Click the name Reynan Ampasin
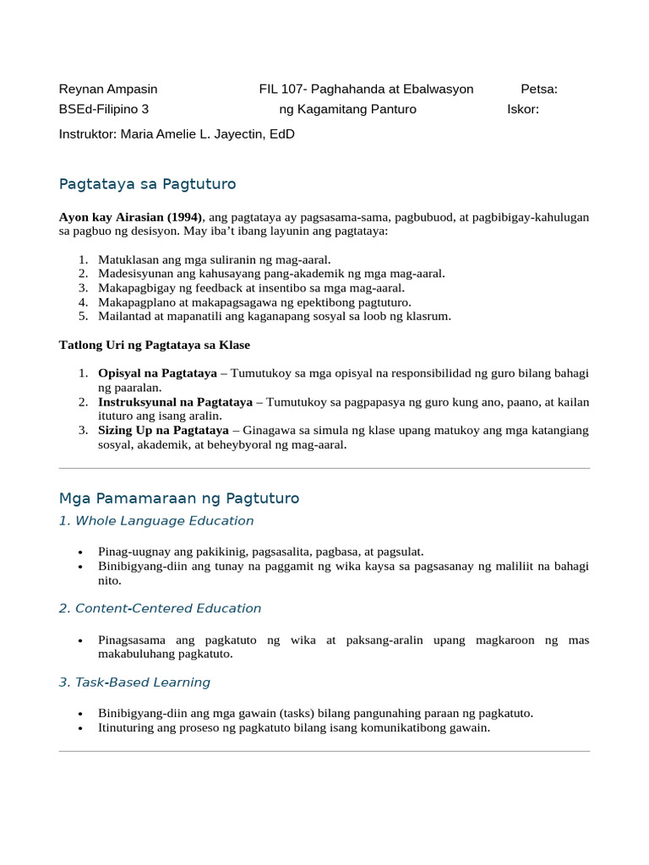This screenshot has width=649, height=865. [108, 90]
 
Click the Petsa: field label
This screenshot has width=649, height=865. [539, 90]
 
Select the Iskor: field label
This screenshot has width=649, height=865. [523, 109]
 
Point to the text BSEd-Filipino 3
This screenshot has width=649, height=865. [104, 109]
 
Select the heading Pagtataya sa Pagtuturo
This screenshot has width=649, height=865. [147, 184]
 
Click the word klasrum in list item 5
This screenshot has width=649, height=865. [429, 317]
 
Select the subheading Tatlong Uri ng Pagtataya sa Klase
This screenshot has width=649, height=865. [155, 345]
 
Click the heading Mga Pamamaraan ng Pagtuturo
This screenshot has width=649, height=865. [179, 498]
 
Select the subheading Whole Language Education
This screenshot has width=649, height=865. [156, 521]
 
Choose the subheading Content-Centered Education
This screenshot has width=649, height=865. [160, 608]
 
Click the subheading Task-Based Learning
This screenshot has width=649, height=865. [134, 683]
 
